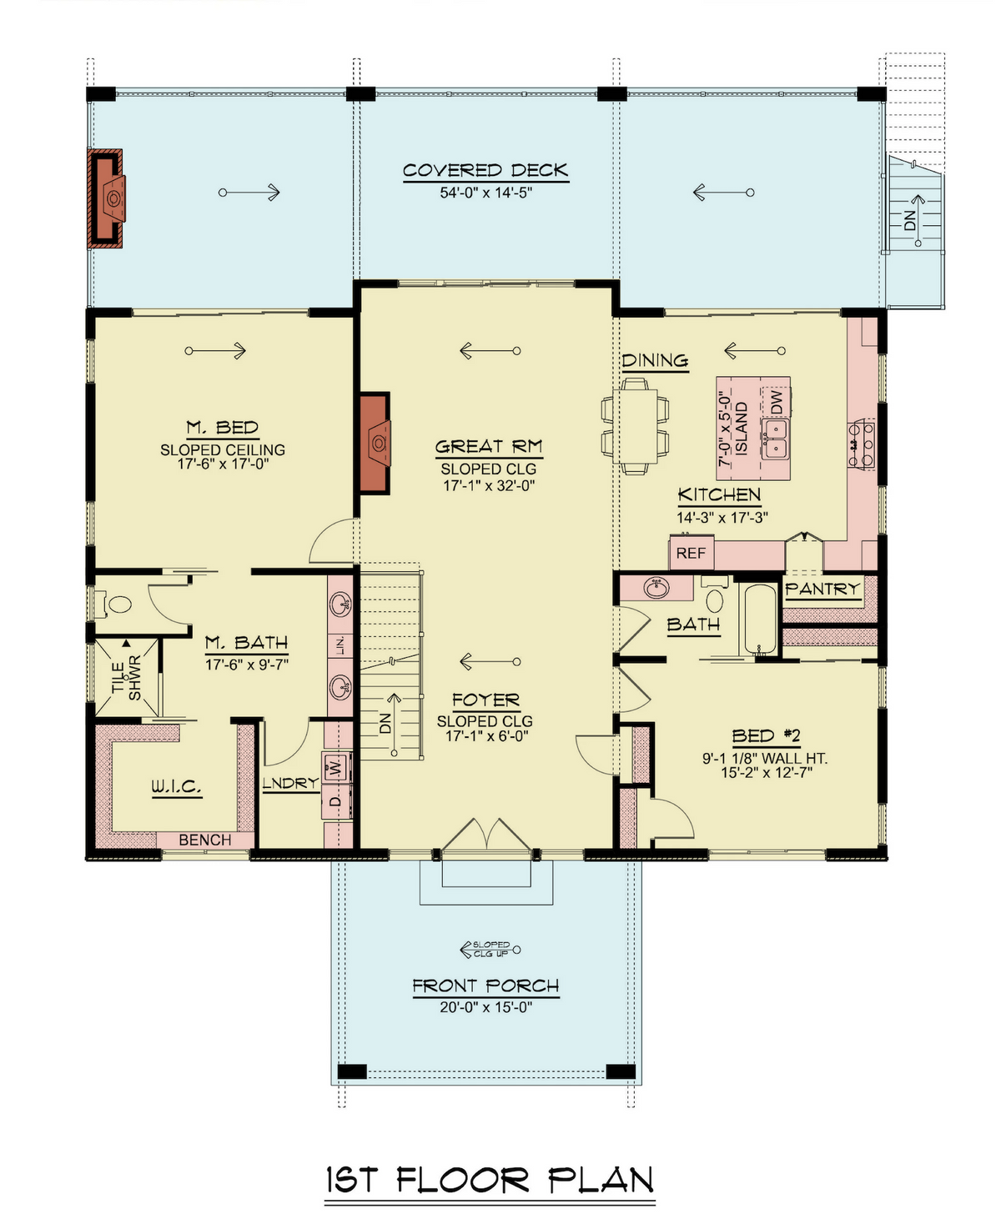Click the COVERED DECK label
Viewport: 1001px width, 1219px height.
click(x=485, y=170)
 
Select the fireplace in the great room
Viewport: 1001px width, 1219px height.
click(x=375, y=442)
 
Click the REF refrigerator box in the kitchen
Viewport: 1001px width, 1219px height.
click(x=691, y=553)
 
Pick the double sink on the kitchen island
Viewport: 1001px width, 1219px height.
click(x=774, y=439)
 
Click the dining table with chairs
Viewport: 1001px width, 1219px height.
click(x=635, y=425)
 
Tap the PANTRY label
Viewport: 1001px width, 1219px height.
click(x=822, y=589)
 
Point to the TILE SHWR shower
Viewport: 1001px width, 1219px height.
click(x=126, y=676)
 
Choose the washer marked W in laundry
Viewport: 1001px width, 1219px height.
click(x=336, y=766)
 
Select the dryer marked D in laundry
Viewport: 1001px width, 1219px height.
click(x=336, y=802)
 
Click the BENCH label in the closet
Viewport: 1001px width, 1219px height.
click(x=205, y=840)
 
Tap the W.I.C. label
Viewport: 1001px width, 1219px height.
click(x=176, y=786)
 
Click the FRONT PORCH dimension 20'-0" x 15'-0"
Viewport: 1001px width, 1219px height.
click(x=485, y=1007)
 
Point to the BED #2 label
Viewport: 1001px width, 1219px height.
click(x=766, y=735)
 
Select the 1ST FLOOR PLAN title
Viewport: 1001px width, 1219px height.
click(x=490, y=1181)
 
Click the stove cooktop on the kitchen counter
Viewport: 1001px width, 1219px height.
click(x=862, y=444)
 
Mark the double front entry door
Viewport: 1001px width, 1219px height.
click(x=486, y=838)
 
